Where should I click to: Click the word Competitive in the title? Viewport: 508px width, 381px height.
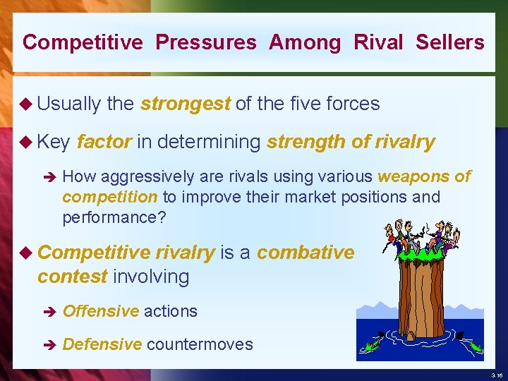[83, 42]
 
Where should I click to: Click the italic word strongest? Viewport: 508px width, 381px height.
[185, 104]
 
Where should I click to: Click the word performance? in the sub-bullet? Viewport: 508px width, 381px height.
[114, 217]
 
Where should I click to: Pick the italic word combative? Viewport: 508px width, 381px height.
[306, 253]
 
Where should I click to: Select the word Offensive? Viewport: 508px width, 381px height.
[100, 311]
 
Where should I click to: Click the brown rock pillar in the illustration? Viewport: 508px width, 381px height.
[421, 296]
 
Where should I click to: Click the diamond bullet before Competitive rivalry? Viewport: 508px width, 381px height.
[28, 253]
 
